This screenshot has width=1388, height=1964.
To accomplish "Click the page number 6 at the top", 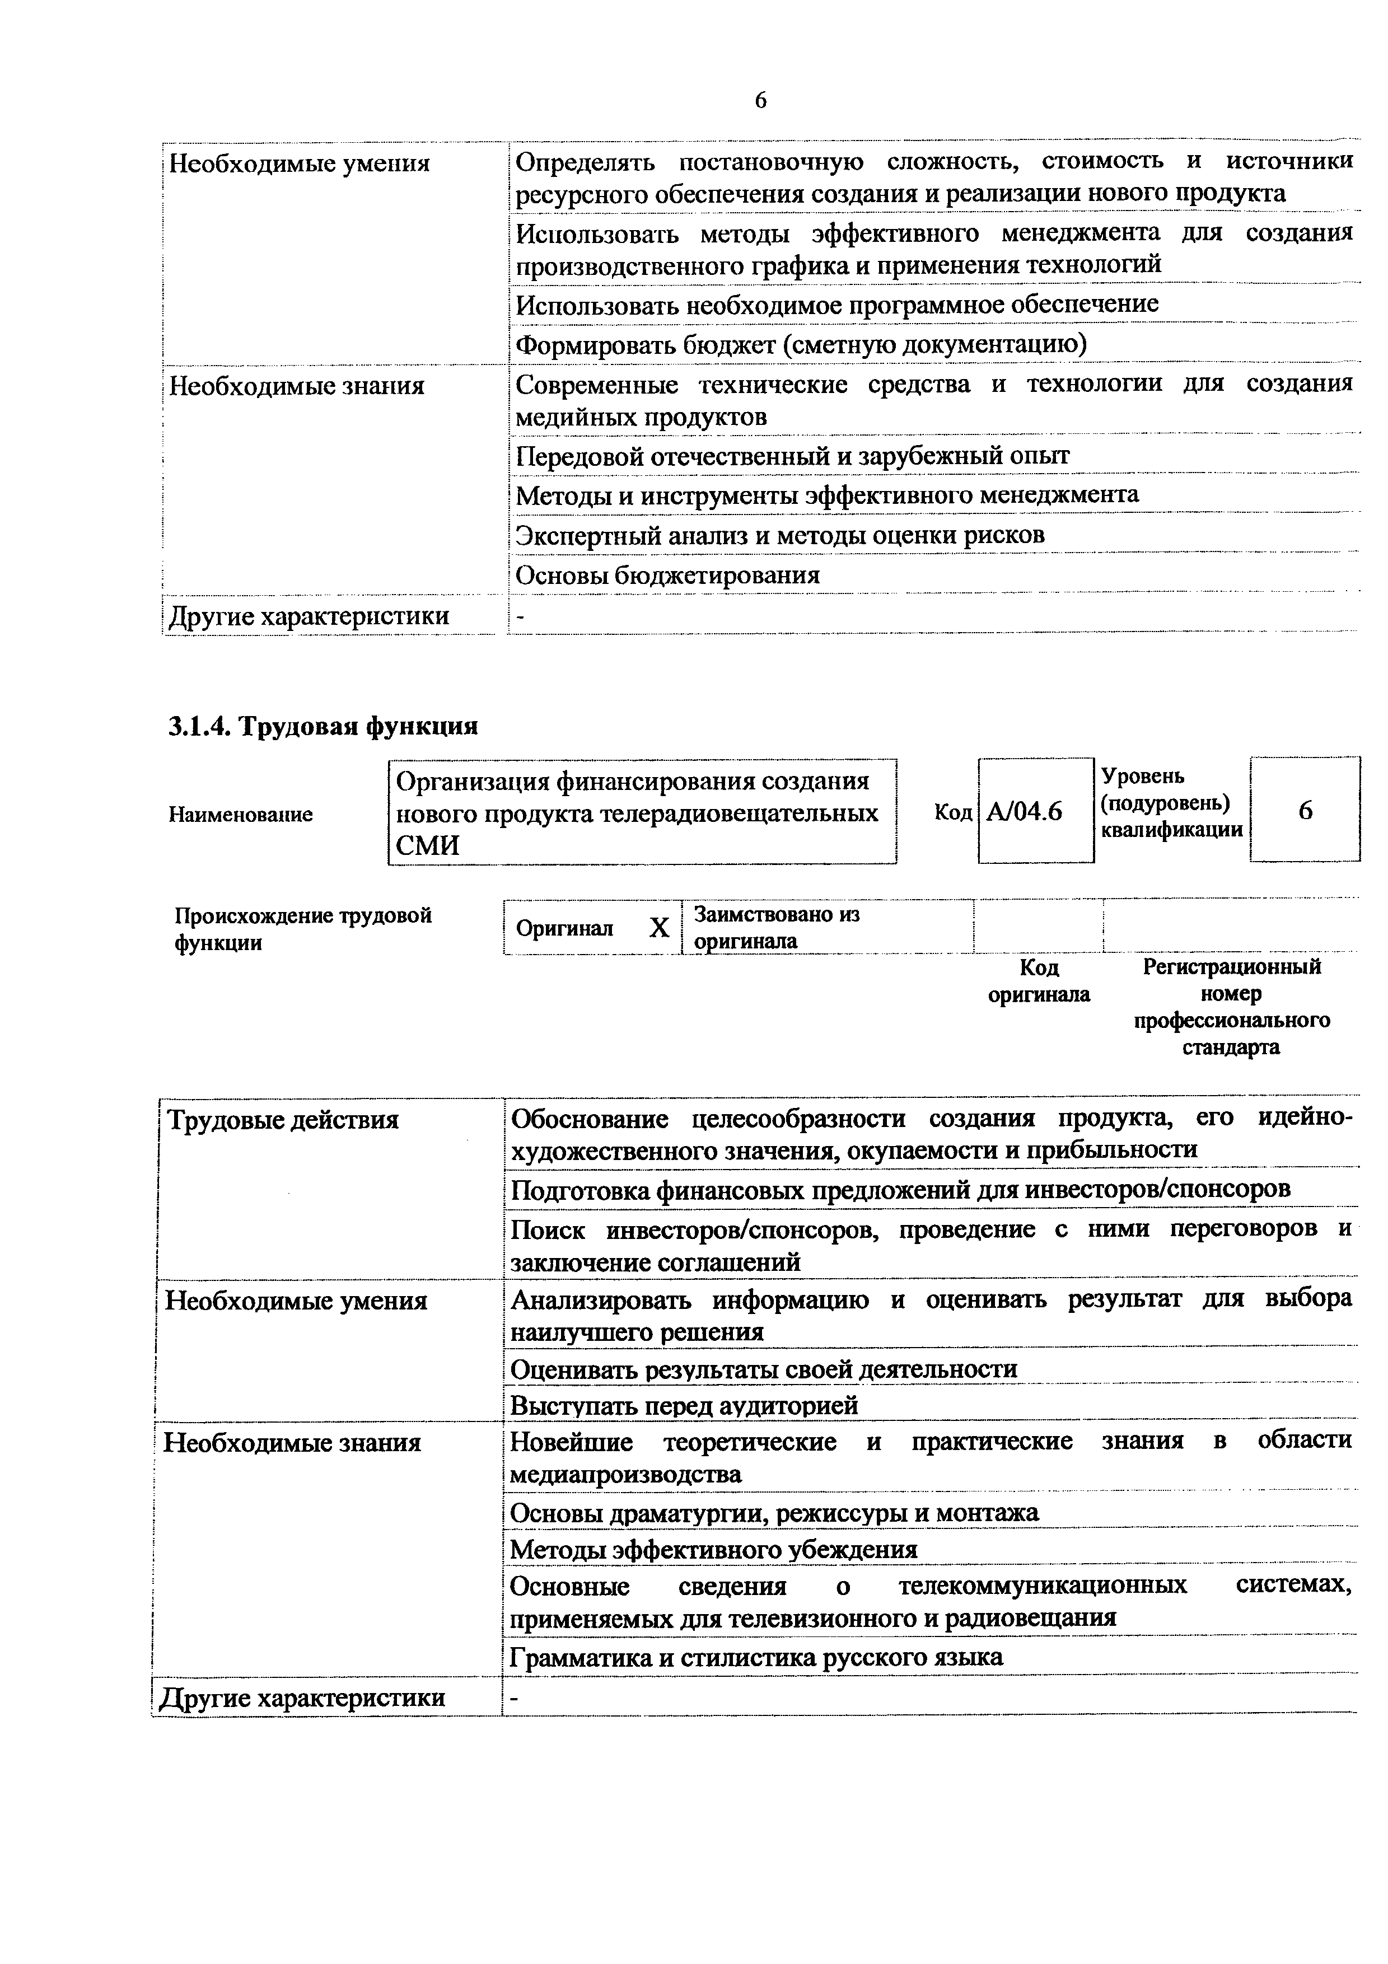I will tap(760, 101).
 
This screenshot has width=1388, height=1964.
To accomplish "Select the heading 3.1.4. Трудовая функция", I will tap(323, 726).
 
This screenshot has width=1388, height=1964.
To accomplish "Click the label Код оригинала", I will tap(1039, 981).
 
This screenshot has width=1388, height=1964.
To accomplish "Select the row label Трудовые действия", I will tap(282, 1120).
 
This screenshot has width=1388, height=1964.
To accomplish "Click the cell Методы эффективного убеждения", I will tap(713, 1549).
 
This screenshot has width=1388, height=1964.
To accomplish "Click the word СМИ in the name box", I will tap(428, 846).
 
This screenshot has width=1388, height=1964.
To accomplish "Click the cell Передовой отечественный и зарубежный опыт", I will tap(792, 456).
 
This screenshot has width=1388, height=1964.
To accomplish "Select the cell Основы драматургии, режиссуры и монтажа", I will tap(774, 1512).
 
